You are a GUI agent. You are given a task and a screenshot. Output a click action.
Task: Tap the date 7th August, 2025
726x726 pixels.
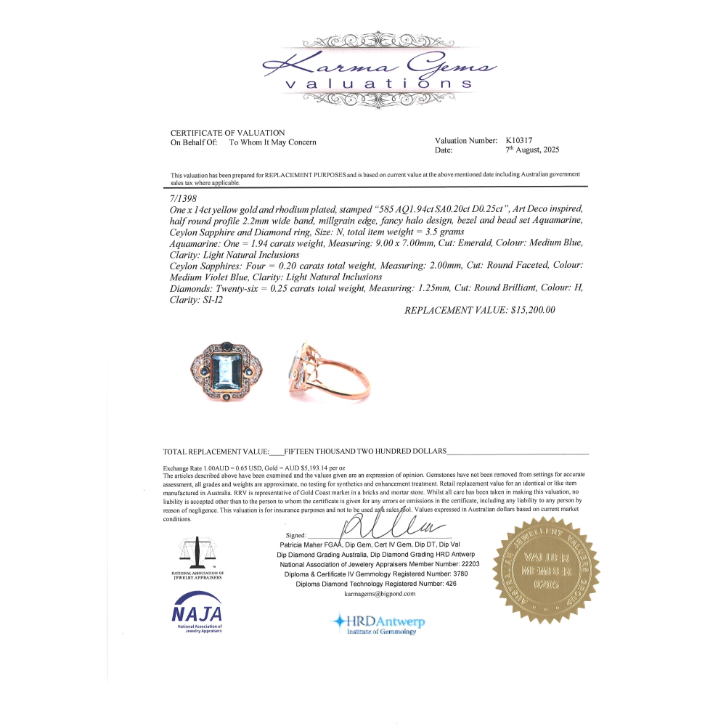[532, 150]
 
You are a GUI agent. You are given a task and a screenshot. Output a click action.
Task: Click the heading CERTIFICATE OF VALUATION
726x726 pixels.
[227, 133]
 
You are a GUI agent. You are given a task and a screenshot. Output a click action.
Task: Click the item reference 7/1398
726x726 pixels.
[184, 197]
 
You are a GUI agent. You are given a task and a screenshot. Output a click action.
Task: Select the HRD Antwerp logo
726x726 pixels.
[378, 623]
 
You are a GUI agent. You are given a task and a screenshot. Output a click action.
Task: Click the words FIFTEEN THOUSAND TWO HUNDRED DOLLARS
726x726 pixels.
[365, 451]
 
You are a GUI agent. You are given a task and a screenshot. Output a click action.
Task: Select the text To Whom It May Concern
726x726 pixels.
[272, 142]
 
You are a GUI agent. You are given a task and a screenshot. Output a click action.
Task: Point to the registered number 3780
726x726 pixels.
[455, 574]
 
